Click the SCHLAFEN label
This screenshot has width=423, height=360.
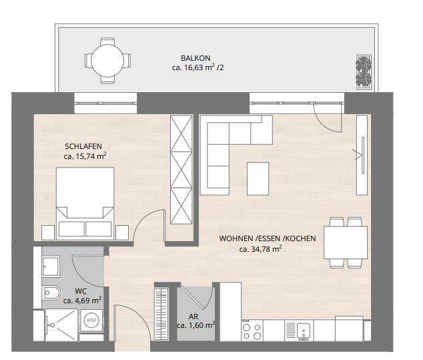[x=83, y=146]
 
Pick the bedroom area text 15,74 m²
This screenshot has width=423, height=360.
[x=85, y=156]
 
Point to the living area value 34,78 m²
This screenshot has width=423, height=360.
[x=260, y=249]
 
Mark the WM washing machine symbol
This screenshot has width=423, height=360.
[x=91, y=321]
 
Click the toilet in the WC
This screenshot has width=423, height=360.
[x=51, y=292]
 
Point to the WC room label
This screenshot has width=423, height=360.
[x=80, y=291]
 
